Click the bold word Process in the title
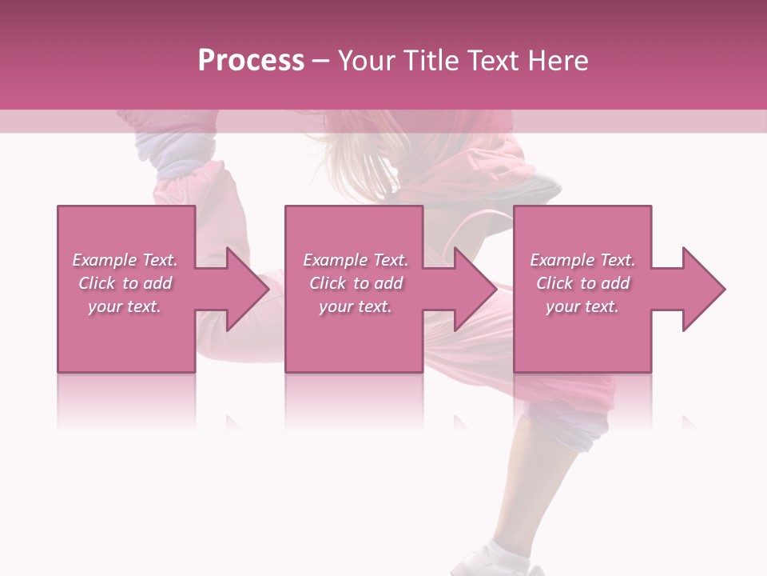251,61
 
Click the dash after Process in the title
320,62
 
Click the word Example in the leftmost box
104,260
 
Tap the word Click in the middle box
327,283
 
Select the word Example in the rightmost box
562,260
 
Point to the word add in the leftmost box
158,283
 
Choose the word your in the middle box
336,306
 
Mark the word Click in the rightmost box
554,283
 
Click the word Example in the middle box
335,260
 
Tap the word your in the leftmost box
105,306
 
